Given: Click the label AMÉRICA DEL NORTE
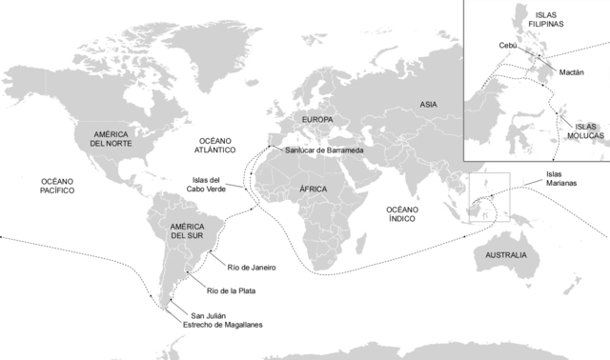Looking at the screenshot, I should pyautogui.click(x=111, y=137).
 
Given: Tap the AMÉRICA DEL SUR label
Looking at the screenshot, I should pyautogui.click(x=186, y=230).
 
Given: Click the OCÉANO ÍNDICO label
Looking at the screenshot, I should pyautogui.click(x=407, y=214).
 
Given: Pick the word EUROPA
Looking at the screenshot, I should pyautogui.click(x=317, y=120).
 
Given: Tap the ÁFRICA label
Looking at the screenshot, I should pyautogui.click(x=313, y=190).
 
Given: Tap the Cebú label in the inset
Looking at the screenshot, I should pyautogui.click(x=509, y=45).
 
